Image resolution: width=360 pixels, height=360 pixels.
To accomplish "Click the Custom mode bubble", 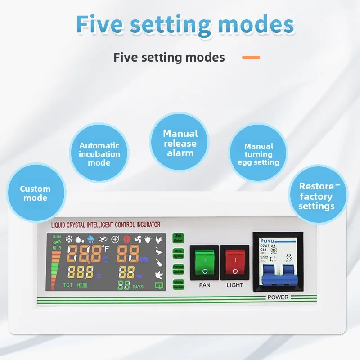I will click(35, 193).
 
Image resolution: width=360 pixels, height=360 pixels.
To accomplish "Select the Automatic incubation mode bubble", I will click(99, 154).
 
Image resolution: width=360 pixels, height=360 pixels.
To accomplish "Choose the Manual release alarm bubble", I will click(180, 143).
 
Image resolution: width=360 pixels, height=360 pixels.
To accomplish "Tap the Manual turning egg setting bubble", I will click(259, 154).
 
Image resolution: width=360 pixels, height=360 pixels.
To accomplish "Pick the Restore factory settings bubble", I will click(316, 196).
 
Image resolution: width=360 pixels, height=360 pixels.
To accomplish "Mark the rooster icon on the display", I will click(158, 240).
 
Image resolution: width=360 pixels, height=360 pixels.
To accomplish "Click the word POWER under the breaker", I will click(278, 297).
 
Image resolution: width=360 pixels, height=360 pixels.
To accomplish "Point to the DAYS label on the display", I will click(138, 286).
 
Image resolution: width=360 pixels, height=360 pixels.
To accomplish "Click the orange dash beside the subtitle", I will click(251, 58).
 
